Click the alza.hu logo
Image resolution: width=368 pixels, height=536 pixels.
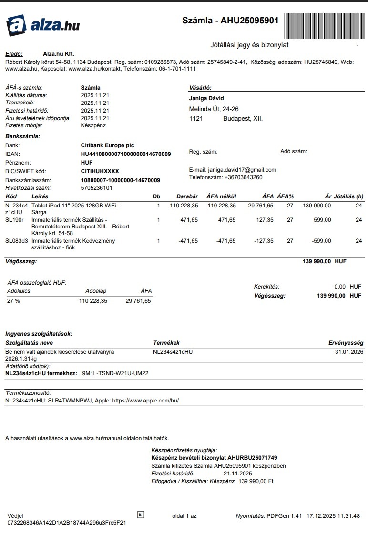coord(42,25)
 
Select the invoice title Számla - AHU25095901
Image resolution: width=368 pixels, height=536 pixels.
coord(230,21)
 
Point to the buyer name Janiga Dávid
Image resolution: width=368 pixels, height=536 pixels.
coord(206,98)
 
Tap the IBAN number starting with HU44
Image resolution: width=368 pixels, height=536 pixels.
coord(126,154)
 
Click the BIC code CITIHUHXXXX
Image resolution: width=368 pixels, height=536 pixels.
coord(100,171)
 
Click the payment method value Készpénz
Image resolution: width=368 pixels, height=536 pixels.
coord(93,125)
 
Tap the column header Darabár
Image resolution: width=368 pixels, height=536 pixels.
coord(187,196)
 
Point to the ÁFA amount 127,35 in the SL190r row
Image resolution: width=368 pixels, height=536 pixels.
coord(264,220)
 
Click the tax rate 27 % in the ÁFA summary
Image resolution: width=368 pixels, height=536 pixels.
coord(13,301)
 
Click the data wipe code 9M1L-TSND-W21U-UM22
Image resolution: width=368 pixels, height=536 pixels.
coord(115,373)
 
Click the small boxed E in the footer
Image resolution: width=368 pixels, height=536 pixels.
coord(141,514)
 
